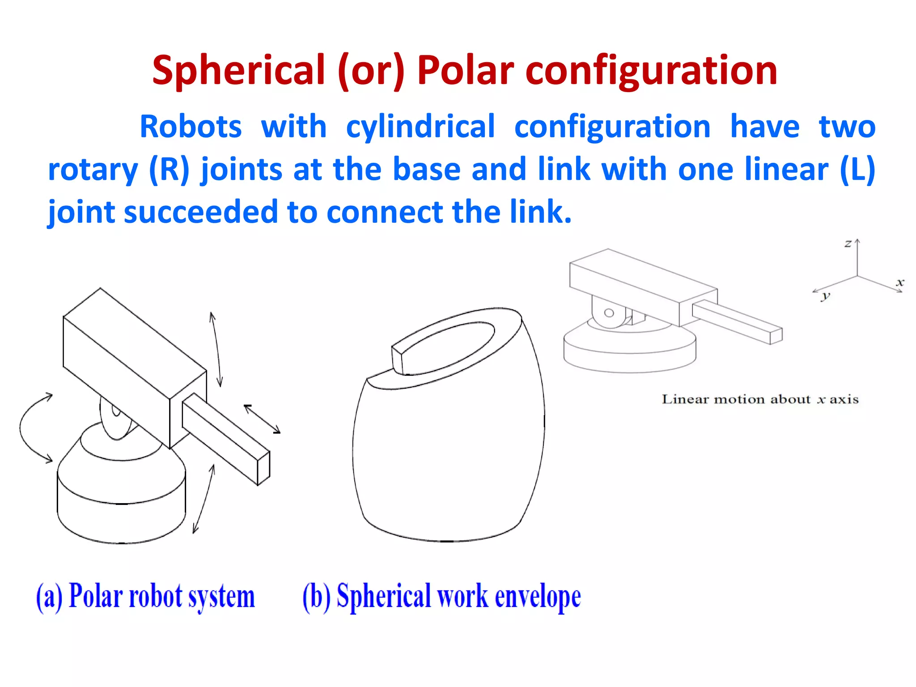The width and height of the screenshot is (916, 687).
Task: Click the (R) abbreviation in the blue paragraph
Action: point(169,170)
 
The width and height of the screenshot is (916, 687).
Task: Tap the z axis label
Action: point(848,244)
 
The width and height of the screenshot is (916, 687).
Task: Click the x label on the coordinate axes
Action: point(900,282)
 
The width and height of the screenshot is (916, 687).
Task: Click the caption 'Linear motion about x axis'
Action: point(760,399)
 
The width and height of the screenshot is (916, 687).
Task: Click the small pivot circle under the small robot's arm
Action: point(609,313)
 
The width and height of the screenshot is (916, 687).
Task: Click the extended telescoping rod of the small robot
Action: point(738,322)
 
